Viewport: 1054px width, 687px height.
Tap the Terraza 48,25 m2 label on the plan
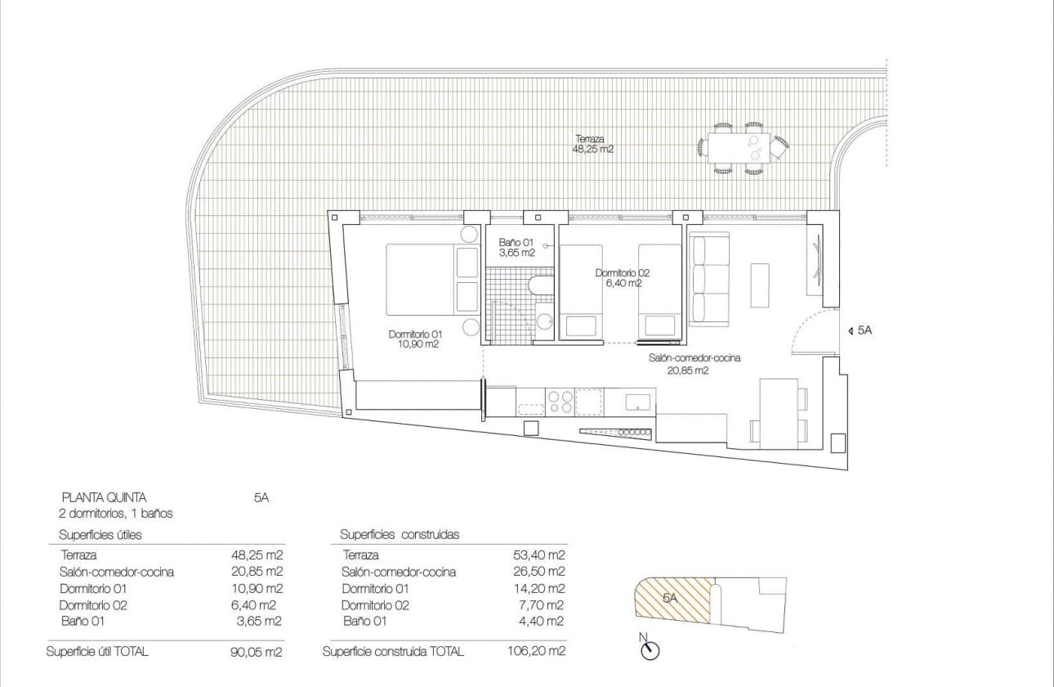[x=592, y=145]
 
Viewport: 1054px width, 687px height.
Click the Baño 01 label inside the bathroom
[x=516, y=248]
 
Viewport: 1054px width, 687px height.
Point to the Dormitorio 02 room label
[x=623, y=278]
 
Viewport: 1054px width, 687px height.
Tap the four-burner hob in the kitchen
[x=560, y=401]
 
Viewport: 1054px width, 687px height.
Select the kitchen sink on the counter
[x=638, y=402]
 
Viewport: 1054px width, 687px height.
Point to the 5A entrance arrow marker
[x=860, y=331]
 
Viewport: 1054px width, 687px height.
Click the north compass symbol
[x=650, y=649]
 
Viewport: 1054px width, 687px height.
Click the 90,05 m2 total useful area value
[x=257, y=652]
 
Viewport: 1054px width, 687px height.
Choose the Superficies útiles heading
[x=100, y=535]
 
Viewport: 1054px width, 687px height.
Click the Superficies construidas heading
[x=400, y=535]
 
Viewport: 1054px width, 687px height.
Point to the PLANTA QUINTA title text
[x=105, y=497]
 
